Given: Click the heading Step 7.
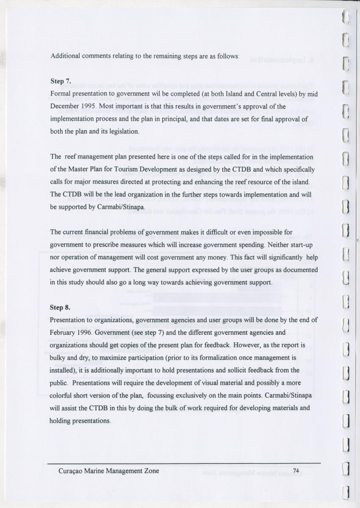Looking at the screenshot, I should (x=61, y=81).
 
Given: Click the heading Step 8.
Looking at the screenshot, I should (x=61, y=308).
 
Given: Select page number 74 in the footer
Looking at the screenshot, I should (x=296, y=471).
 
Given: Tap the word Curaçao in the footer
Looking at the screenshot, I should (x=70, y=471).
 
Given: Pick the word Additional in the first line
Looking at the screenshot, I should (x=66, y=56).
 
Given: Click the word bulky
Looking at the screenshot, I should (x=58, y=358).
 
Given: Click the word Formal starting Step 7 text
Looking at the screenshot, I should (x=61, y=93).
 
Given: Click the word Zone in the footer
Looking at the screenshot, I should (x=151, y=471).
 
